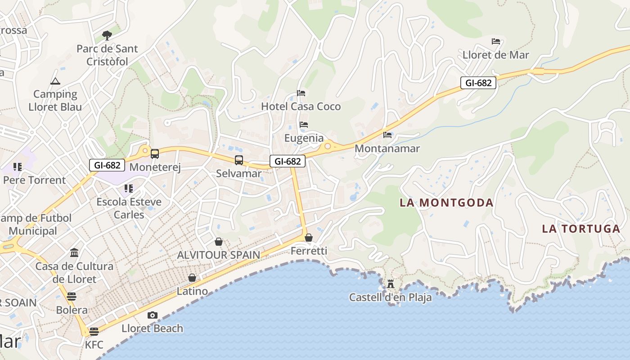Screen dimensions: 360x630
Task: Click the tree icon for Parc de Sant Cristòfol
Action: click(107, 35)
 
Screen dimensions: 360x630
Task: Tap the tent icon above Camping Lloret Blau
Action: click(55, 81)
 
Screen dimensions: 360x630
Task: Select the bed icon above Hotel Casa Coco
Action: click(301, 93)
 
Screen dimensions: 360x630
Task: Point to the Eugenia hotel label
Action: click(304, 138)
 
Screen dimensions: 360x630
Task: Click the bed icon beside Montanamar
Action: click(387, 135)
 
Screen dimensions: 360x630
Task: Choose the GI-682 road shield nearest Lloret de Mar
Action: click(478, 83)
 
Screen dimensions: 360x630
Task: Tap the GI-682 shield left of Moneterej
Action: click(107, 165)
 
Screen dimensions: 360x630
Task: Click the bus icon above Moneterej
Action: click(155, 154)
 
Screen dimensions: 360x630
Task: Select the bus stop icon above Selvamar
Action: click(239, 160)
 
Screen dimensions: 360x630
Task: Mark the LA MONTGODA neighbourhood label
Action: click(446, 202)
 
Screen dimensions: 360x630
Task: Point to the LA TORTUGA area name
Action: click(581, 229)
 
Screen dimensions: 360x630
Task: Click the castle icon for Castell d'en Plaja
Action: click(390, 284)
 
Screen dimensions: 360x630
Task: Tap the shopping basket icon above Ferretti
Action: click(309, 238)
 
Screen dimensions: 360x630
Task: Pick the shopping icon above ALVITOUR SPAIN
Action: click(219, 242)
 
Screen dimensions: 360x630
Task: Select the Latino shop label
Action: click(192, 291)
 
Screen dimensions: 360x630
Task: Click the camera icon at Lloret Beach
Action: click(153, 315)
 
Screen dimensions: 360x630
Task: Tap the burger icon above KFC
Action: click(94, 332)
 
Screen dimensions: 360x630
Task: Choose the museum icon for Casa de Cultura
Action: click(75, 252)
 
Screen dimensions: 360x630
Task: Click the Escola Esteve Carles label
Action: click(129, 208)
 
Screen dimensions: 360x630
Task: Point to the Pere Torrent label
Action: click(34, 180)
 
